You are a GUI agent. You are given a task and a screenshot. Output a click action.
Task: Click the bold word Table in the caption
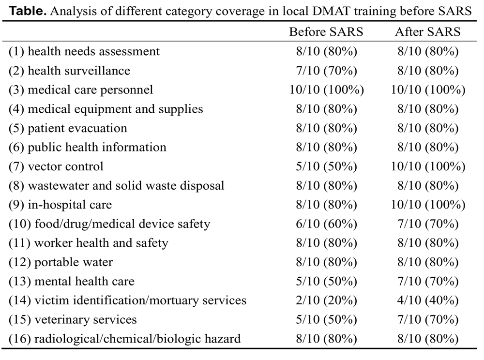pos(28,12)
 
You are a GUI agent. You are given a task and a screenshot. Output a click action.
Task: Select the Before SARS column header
pos(326,32)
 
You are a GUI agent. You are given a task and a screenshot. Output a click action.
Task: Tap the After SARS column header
pos(428,32)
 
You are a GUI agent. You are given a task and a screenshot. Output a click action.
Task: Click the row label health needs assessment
pos(84,51)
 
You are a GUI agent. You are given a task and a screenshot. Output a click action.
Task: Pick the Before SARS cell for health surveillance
pos(327,71)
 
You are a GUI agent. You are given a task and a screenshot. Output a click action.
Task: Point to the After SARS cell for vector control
pos(428,166)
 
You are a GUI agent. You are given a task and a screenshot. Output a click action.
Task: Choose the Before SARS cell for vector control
pos(327,166)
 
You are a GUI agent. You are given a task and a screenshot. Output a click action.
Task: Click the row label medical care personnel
pos(81,90)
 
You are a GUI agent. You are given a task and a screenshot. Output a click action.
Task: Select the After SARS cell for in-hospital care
pos(428,205)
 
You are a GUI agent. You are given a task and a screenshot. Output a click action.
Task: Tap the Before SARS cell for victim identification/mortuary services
pos(327,300)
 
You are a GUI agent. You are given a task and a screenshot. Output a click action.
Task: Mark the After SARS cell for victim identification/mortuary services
pos(428,300)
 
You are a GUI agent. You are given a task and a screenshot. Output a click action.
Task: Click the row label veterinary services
pos(73,319)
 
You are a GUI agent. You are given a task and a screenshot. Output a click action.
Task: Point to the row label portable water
pos(61,262)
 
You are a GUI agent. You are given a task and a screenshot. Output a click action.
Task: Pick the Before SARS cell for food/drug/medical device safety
pos(327,224)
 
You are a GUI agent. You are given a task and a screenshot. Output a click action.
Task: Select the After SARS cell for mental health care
pos(428,281)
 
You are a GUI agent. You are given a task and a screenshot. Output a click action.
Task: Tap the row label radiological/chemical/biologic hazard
pos(125,339)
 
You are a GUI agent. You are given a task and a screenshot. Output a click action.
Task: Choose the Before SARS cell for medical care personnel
pos(327,90)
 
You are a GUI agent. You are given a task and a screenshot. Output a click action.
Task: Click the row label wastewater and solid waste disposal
pos(116,186)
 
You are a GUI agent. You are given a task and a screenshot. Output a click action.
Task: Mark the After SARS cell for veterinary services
pos(428,319)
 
